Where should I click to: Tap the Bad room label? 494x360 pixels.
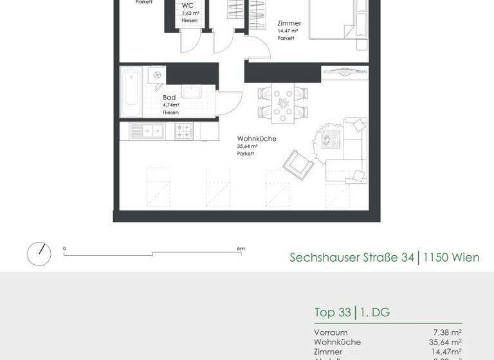[x=169, y=98]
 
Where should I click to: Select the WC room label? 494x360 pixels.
[x=188, y=5]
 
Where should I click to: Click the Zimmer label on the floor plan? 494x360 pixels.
[x=289, y=23]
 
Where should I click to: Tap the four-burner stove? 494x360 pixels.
[x=184, y=131]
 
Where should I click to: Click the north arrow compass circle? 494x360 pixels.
[x=39, y=254]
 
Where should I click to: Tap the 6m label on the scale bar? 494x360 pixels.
[x=241, y=249]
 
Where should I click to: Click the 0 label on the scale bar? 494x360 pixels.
[x=64, y=249]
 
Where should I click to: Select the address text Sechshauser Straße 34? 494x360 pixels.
[x=352, y=258]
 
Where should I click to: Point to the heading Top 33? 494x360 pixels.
[x=333, y=313]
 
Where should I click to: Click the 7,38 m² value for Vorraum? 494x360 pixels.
[x=447, y=332]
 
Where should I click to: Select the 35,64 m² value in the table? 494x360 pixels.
[x=445, y=342]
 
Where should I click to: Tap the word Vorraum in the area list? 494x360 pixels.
[x=331, y=332]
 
